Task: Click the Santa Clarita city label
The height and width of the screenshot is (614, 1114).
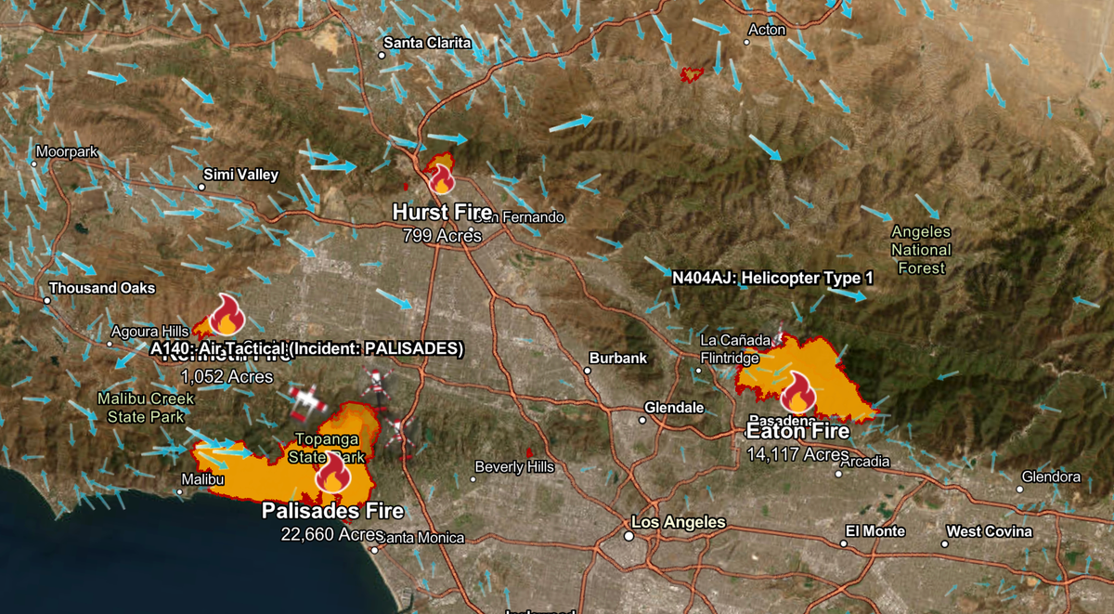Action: click(427, 43)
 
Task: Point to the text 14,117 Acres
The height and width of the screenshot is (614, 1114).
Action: click(797, 454)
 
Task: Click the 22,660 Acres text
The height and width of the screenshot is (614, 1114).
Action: click(332, 534)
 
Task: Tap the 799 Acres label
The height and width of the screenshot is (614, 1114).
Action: click(442, 236)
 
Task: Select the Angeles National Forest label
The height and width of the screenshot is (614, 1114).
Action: click(921, 250)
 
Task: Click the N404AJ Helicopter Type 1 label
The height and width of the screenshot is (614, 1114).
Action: click(773, 278)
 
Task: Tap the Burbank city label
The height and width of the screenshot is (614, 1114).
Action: click(618, 358)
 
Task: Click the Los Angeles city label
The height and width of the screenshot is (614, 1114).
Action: click(678, 522)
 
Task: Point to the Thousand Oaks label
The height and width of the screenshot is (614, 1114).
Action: click(102, 288)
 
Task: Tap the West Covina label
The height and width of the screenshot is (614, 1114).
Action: click(989, 531)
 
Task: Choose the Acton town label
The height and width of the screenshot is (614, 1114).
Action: click(767, 30)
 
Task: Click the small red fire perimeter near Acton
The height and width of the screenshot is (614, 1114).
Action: click(693, 72)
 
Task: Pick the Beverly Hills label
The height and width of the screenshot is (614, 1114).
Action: click(513, 467)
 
